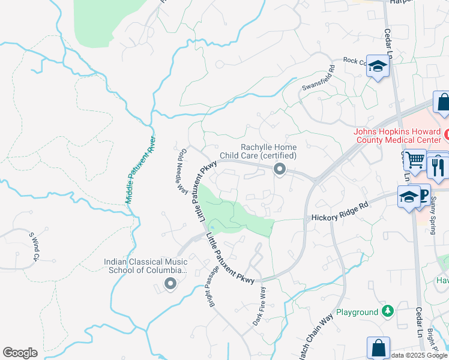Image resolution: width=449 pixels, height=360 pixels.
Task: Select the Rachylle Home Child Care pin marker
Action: point(279,170)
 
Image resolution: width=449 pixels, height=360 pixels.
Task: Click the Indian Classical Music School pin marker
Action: point(170,284)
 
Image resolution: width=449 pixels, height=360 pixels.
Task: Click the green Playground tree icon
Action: point(388,311)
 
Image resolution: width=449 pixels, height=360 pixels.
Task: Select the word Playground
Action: point(357,312)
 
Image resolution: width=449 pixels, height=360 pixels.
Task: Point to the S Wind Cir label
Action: point(34,247)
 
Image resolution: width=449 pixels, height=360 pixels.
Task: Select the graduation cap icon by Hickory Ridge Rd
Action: point(408,197)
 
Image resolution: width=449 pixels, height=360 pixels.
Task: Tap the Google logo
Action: point(20,353)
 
